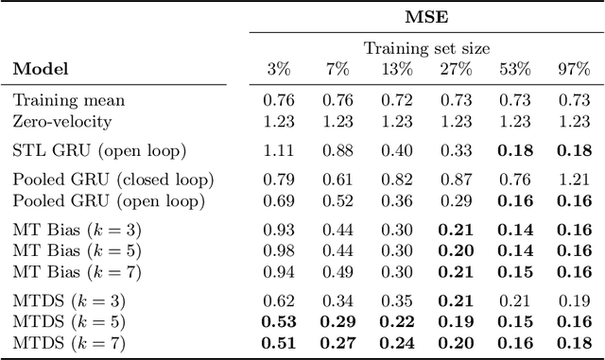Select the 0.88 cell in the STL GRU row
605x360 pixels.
(337, 149)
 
